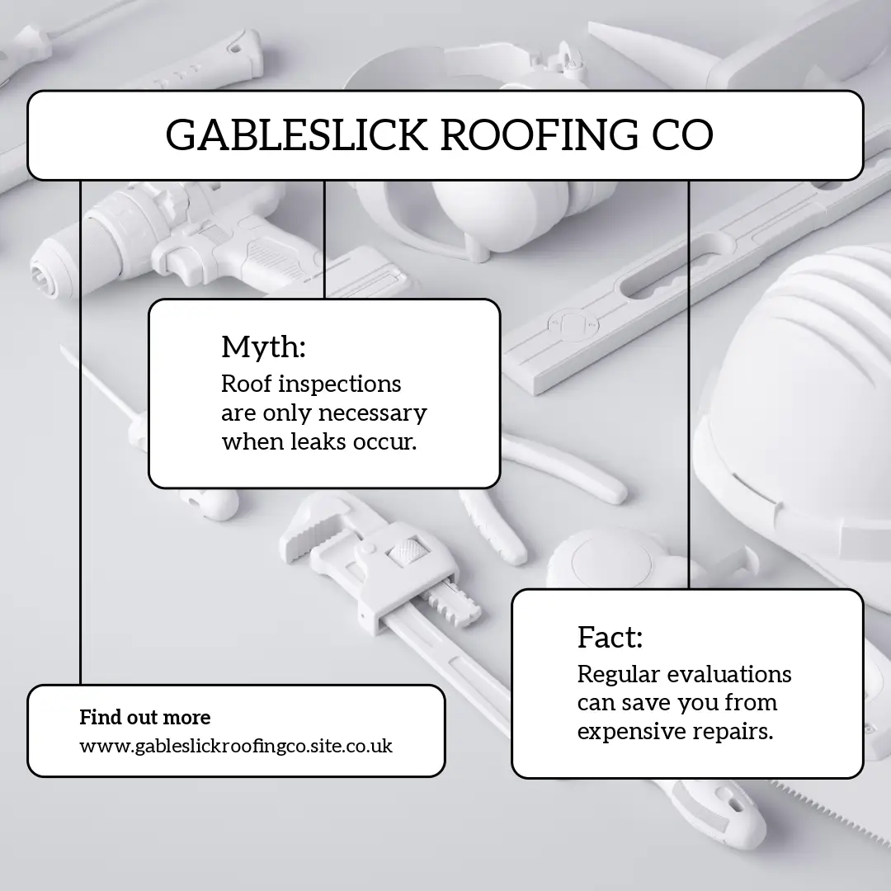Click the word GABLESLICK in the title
click(296, 135)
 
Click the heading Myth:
click(263, 347)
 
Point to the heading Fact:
click(610, 638)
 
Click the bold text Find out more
click(145, 718)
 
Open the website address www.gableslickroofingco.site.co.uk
click(236, 747)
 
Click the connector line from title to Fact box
click(689, 379)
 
